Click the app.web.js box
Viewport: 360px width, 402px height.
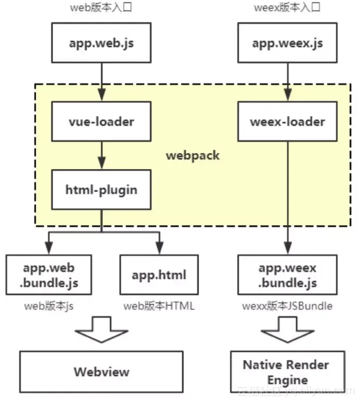click(x=101, y=43)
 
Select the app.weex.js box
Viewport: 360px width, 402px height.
click(x=287, y=43)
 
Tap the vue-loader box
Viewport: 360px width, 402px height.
click(x=101, y=121)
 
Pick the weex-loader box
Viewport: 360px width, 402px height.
click(x=287, y=121)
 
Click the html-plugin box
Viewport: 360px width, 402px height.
click(x=101, y=190)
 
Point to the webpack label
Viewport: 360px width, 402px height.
click(x=193, y=156)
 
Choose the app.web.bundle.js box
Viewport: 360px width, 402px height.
click(x=49, y=275)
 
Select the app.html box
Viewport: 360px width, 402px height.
click(x=159, y=275)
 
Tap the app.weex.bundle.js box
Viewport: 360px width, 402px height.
click(x=287, y=275)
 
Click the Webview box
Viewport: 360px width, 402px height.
click(x=101, y=372)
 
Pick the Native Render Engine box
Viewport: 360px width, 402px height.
click(x=287, y=372)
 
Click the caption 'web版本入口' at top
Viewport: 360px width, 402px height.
click(x=101, y=7)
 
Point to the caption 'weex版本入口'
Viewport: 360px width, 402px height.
click(x=287, y=7)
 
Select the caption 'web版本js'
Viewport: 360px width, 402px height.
click(x=49, y=306)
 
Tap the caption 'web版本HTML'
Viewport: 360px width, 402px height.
click(x=159, y=306)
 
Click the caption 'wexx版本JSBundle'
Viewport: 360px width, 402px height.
click(x=287, y=306)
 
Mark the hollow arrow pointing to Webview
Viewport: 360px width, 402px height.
click(x=101, y=330)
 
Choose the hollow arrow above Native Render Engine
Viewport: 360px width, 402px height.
click(x=287, y=330)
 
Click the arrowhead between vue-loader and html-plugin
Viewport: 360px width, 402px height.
click(x=102, y=163)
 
